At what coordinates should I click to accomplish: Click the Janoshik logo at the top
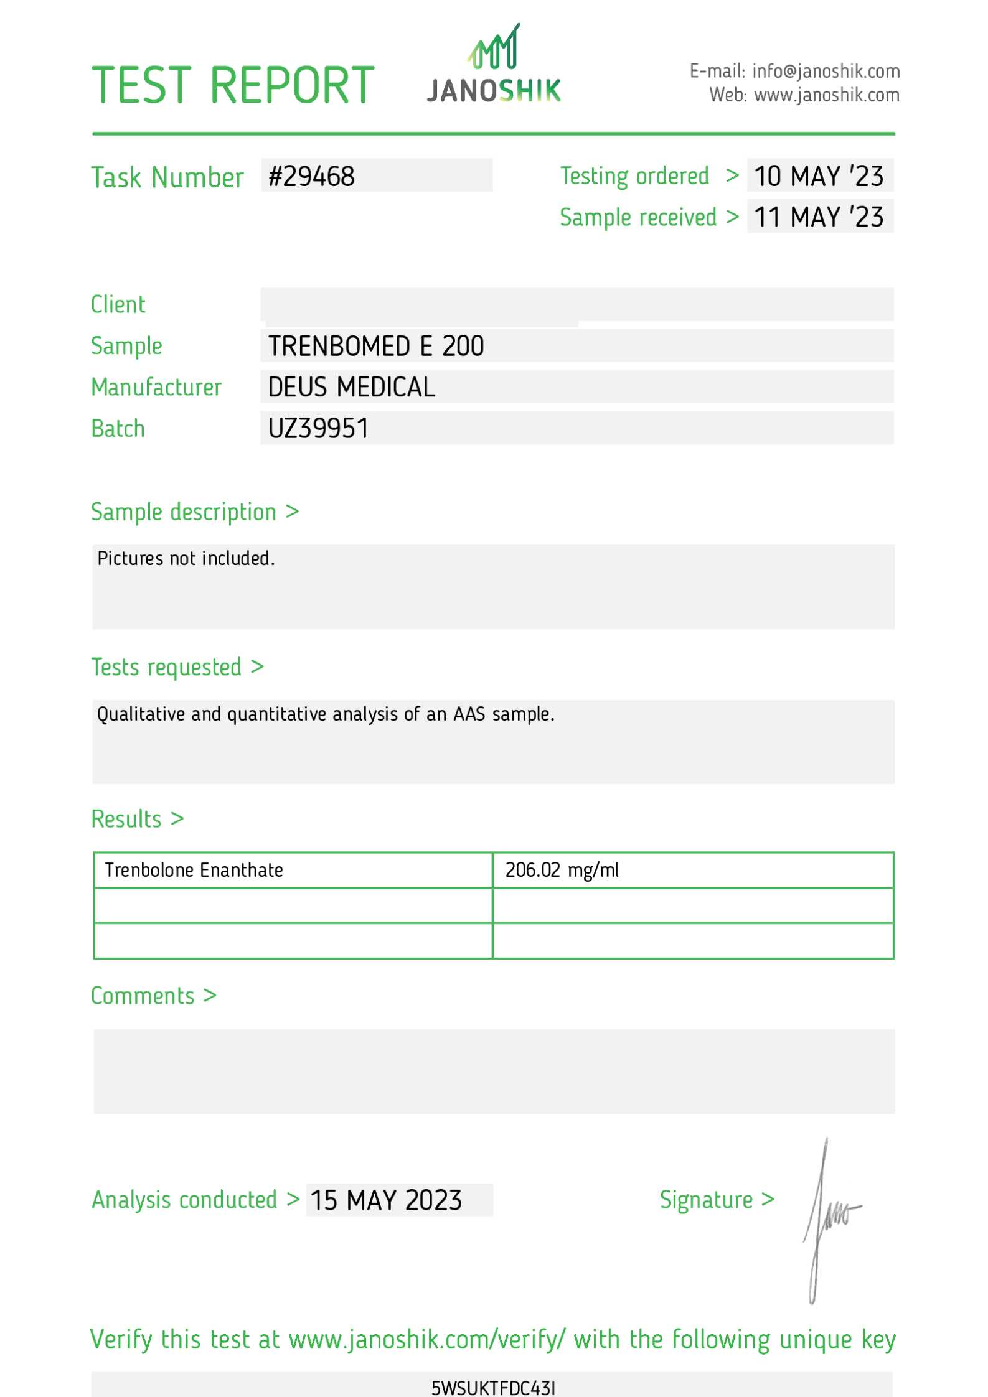click(x=494, y=65)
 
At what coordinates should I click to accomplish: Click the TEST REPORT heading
click(x=233, y=85)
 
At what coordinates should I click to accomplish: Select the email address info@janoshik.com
click(x=826, y=71)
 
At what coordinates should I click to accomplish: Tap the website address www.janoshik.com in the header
click(x=826, y=95)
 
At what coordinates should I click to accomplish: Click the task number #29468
click(x=311, y=176)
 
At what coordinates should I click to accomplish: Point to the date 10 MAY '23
click(x=819, y=176)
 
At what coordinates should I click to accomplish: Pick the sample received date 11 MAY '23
click(x=819, y=217)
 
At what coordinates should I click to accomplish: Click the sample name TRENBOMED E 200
click(x=376, y=346)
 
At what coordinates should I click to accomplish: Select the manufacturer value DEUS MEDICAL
click(x=351, y=387)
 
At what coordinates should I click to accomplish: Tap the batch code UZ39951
click(x=318, y=428)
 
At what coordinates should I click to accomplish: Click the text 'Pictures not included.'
click(x=186, y=558)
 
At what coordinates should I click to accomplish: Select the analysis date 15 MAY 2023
click(x=386, y=1200)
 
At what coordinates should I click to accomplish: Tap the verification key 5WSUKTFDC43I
click(x=493, y=1388)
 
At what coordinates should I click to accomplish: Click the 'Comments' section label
click(x=143, y=996)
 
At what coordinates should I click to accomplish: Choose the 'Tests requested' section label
click(x=166, y=667)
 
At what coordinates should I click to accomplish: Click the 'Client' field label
click(x=118, y=304)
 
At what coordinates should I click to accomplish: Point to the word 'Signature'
click(x=706, y=1199)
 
